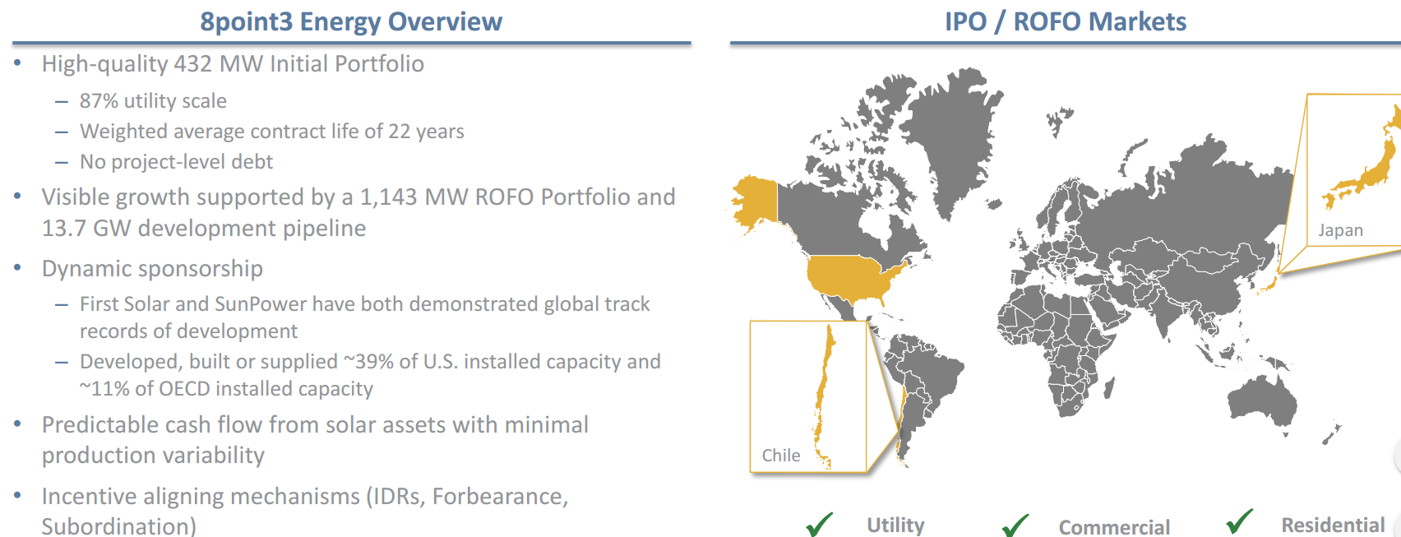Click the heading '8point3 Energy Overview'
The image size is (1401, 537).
[x=351, y=21]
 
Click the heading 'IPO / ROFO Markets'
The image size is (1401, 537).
[x=1065, y=21]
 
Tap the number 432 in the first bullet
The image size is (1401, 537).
[x=192, y=64]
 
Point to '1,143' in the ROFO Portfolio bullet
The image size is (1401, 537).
[x=389, y=197]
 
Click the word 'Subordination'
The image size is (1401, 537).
[x=114, y=526]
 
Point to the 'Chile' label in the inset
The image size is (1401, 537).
[x=780, y=455]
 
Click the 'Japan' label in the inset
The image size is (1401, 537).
[x=1340, y=230]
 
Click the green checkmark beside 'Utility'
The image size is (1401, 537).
[x=820, y=525]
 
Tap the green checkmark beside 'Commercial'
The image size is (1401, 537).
[x=1015, y=525]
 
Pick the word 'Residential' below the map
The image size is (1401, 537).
[x=1333, y=525]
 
